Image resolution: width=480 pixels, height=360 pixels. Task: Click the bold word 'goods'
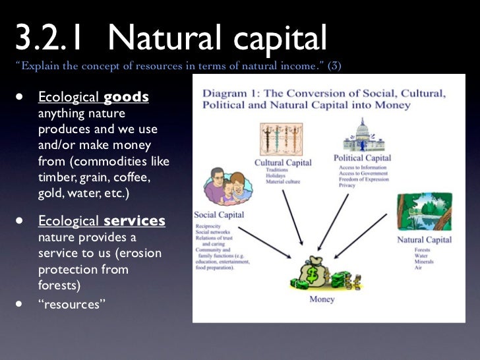[x=126, y=98]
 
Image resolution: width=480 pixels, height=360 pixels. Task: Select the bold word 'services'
[x=135, y=222]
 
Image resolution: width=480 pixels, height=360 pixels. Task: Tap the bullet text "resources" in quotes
[x=69, y=305]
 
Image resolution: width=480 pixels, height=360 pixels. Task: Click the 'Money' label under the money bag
[x=322, y=299]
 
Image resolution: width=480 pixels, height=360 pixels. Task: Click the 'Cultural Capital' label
[x=284, y=163]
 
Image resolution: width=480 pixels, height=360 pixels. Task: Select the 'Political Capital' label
[x=362, y=158]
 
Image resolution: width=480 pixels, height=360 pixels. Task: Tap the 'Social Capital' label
[x=219, y=215]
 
